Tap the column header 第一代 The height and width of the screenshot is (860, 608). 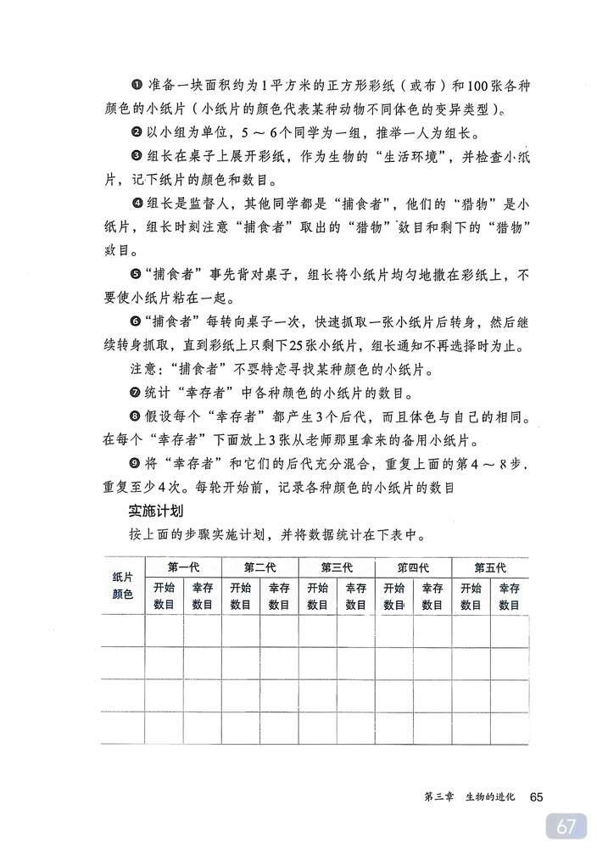[183, 567]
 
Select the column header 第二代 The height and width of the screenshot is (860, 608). [259, 567]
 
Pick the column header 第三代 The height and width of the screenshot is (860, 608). [337, 567]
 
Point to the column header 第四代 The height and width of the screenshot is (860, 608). [413, 567]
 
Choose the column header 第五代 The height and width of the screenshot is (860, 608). [489, 567]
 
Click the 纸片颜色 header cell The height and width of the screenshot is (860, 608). [123, 585]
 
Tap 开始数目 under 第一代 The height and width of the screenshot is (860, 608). [165, 596]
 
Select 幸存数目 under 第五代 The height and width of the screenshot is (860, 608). [509, 596]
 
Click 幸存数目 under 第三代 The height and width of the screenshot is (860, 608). [355, 596]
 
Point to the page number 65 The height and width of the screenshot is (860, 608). [535, 796]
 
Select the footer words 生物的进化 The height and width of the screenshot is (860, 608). [489, 797]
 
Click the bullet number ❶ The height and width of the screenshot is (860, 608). [135, 87]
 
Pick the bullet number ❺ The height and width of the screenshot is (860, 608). [136, 274]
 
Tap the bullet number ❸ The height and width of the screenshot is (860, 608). [136, 156]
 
